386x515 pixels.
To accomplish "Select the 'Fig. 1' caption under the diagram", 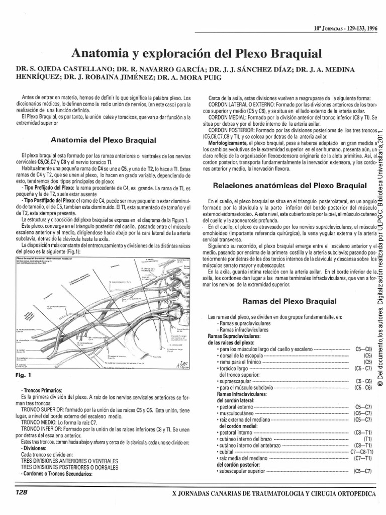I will pos(23,375).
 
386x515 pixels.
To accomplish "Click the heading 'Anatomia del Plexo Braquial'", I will pos(100,139).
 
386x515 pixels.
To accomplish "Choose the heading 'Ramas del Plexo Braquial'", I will pos(289,301).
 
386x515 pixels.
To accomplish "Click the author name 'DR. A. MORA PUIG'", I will pos(191,77).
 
